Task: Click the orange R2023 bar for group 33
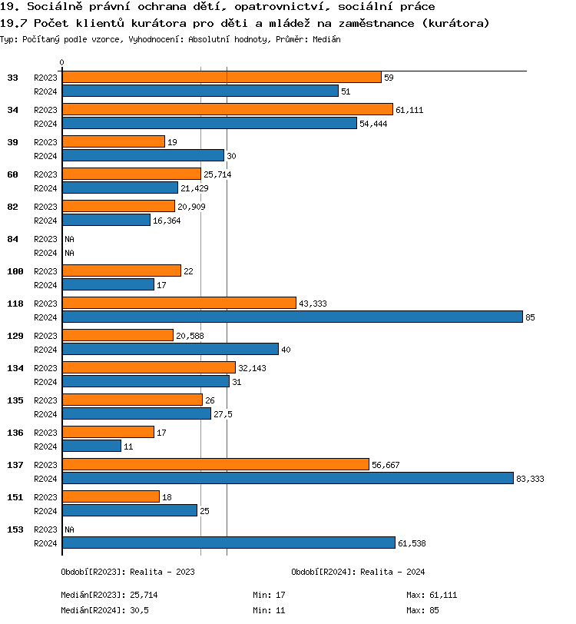tap(221, 78)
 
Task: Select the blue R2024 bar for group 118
tap(292, 317)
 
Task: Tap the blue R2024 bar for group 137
tap(287, 478)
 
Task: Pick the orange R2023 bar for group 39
tap(113, 142)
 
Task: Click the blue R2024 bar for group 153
tap(228, 543)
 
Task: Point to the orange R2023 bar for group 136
tap(108, 433)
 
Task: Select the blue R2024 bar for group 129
tap(170, 349)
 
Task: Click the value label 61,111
tap(409, 110)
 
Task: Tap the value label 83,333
tap(530, 478)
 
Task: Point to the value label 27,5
tap(223, 413)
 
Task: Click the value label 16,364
tap(167, 220)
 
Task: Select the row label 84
tap(13, 239)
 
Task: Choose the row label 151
tap(15, 497)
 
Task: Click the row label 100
tap(15, 271)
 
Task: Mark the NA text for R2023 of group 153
tap(69, 529)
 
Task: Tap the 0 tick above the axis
tap(62, 62)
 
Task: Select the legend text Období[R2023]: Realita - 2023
tap(127, 572)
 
